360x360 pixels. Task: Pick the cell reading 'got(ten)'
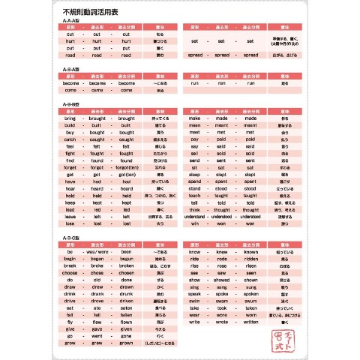[126, 174]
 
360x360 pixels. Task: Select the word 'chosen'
[126, 273]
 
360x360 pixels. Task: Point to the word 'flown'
[126, 322]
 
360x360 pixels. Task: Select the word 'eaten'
[126, 307]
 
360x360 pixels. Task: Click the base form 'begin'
[70, 259]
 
